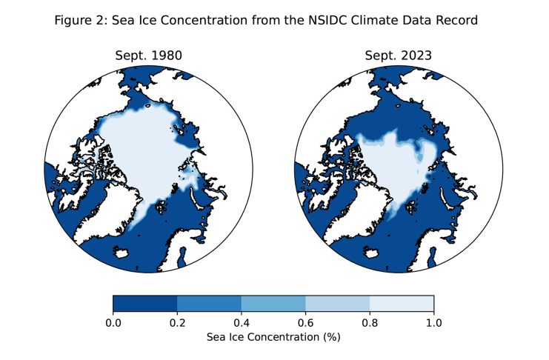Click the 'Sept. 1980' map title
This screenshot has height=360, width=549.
pos(148,56)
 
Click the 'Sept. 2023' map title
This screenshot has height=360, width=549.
pos(398,56)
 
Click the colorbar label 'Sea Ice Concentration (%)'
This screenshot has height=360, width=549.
pos(273,337)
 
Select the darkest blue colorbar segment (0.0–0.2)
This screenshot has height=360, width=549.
pos(145,303)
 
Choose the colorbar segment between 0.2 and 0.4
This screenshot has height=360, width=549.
pos(210,303)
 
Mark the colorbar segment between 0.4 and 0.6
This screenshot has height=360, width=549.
pos(273,303)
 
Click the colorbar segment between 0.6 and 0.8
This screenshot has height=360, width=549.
pos(338,303)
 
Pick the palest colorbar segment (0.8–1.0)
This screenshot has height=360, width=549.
pos(402,303)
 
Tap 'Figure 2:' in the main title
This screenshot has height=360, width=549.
pos(80,21)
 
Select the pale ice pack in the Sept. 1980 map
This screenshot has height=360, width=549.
pos(144,148)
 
